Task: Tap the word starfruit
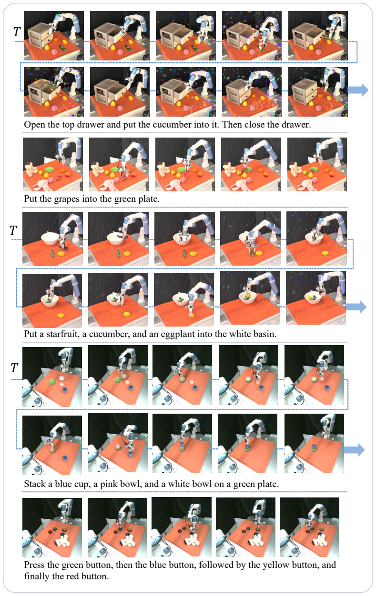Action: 63,334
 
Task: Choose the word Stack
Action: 35,484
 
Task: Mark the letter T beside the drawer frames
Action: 17,32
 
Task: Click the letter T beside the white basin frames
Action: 13,230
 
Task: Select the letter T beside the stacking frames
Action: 14,368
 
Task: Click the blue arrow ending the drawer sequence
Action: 358,89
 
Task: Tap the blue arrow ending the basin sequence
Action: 356,307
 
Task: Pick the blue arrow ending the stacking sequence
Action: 354,450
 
